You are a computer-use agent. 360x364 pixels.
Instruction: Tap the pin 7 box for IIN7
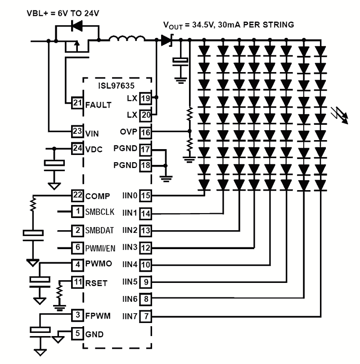145,316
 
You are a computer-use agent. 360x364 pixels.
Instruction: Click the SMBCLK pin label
100,211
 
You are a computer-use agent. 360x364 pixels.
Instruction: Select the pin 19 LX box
145,98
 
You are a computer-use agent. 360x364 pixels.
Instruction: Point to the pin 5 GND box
77,334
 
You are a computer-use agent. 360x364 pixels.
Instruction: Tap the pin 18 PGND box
145,165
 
